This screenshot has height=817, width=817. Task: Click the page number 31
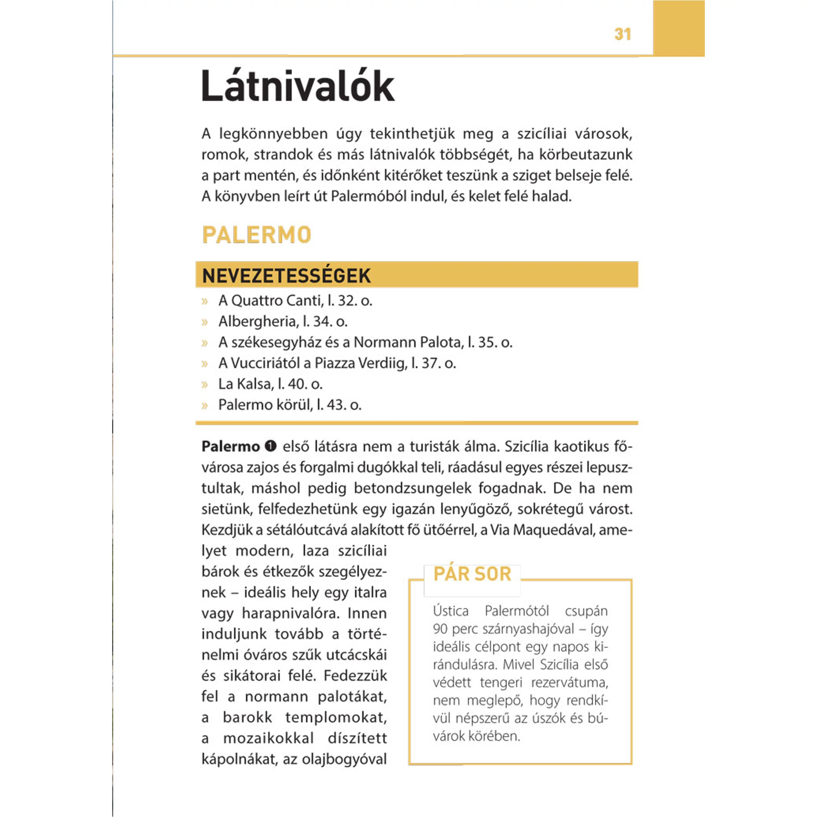point(622,34)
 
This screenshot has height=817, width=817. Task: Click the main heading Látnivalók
point(298,87)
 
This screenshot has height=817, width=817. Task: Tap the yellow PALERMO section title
point(257,235)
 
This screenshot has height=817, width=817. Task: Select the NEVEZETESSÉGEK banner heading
point(286,276)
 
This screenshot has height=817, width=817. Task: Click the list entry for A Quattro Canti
point(295,301)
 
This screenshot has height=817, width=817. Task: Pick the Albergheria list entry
point(283,321)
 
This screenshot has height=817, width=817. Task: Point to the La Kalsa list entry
point(270,384)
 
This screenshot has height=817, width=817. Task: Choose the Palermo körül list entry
point(290,405)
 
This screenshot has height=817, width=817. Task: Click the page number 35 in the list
point(487,342)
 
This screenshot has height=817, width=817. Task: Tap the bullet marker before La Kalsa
point(205,384)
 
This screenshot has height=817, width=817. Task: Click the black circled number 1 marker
point(271,446)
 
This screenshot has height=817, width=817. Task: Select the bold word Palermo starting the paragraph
point(231,446)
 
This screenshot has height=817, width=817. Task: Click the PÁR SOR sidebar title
point(472,574)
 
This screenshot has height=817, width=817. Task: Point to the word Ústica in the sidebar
point(451,611)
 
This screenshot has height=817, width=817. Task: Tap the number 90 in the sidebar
point(440,629)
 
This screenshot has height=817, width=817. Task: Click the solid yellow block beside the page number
point(679,28)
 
